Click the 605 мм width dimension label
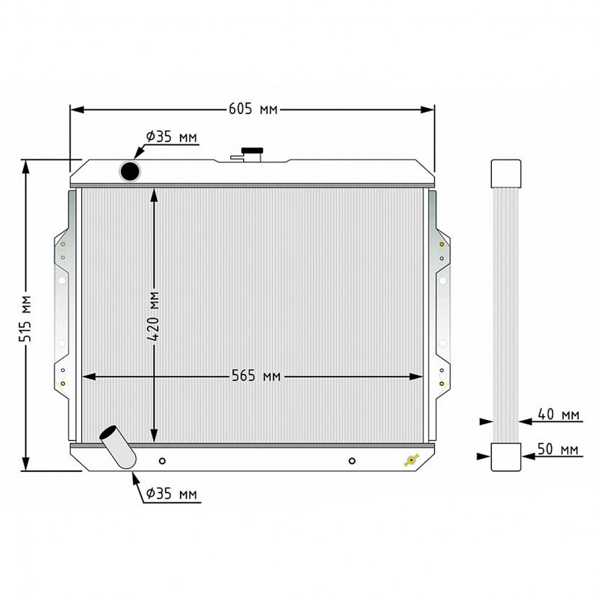(x=253, y=109)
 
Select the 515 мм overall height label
(x=26, y=318)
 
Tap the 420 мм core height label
(x=153, y=316)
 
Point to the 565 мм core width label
(x=256, y=376)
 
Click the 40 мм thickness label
(x=558, y=414)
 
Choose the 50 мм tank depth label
(x=558, y=449)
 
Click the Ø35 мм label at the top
(x=172, y=136)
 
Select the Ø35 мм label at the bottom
(x=172, y=494)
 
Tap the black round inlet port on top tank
(x=130, y=171)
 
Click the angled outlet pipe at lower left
(x=117, y=447)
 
